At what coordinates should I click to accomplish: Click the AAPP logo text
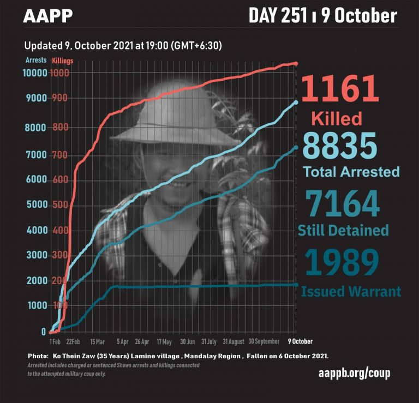point(47,16)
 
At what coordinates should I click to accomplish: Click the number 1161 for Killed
point(339,89)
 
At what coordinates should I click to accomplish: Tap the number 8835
point(339,146)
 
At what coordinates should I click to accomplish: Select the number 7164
point(342,203)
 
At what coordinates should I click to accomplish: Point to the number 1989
point(342,262)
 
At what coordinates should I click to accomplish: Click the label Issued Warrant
point(351,292)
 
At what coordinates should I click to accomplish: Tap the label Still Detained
point(343,230)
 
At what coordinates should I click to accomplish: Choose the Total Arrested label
point(351,172)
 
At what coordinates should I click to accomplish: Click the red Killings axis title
point(63,61)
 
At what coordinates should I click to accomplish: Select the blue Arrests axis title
point(36,60)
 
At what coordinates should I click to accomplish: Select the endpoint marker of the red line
point(296,64)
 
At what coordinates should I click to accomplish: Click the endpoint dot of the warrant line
point(296,285)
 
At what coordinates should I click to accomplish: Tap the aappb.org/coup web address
point(354,374)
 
